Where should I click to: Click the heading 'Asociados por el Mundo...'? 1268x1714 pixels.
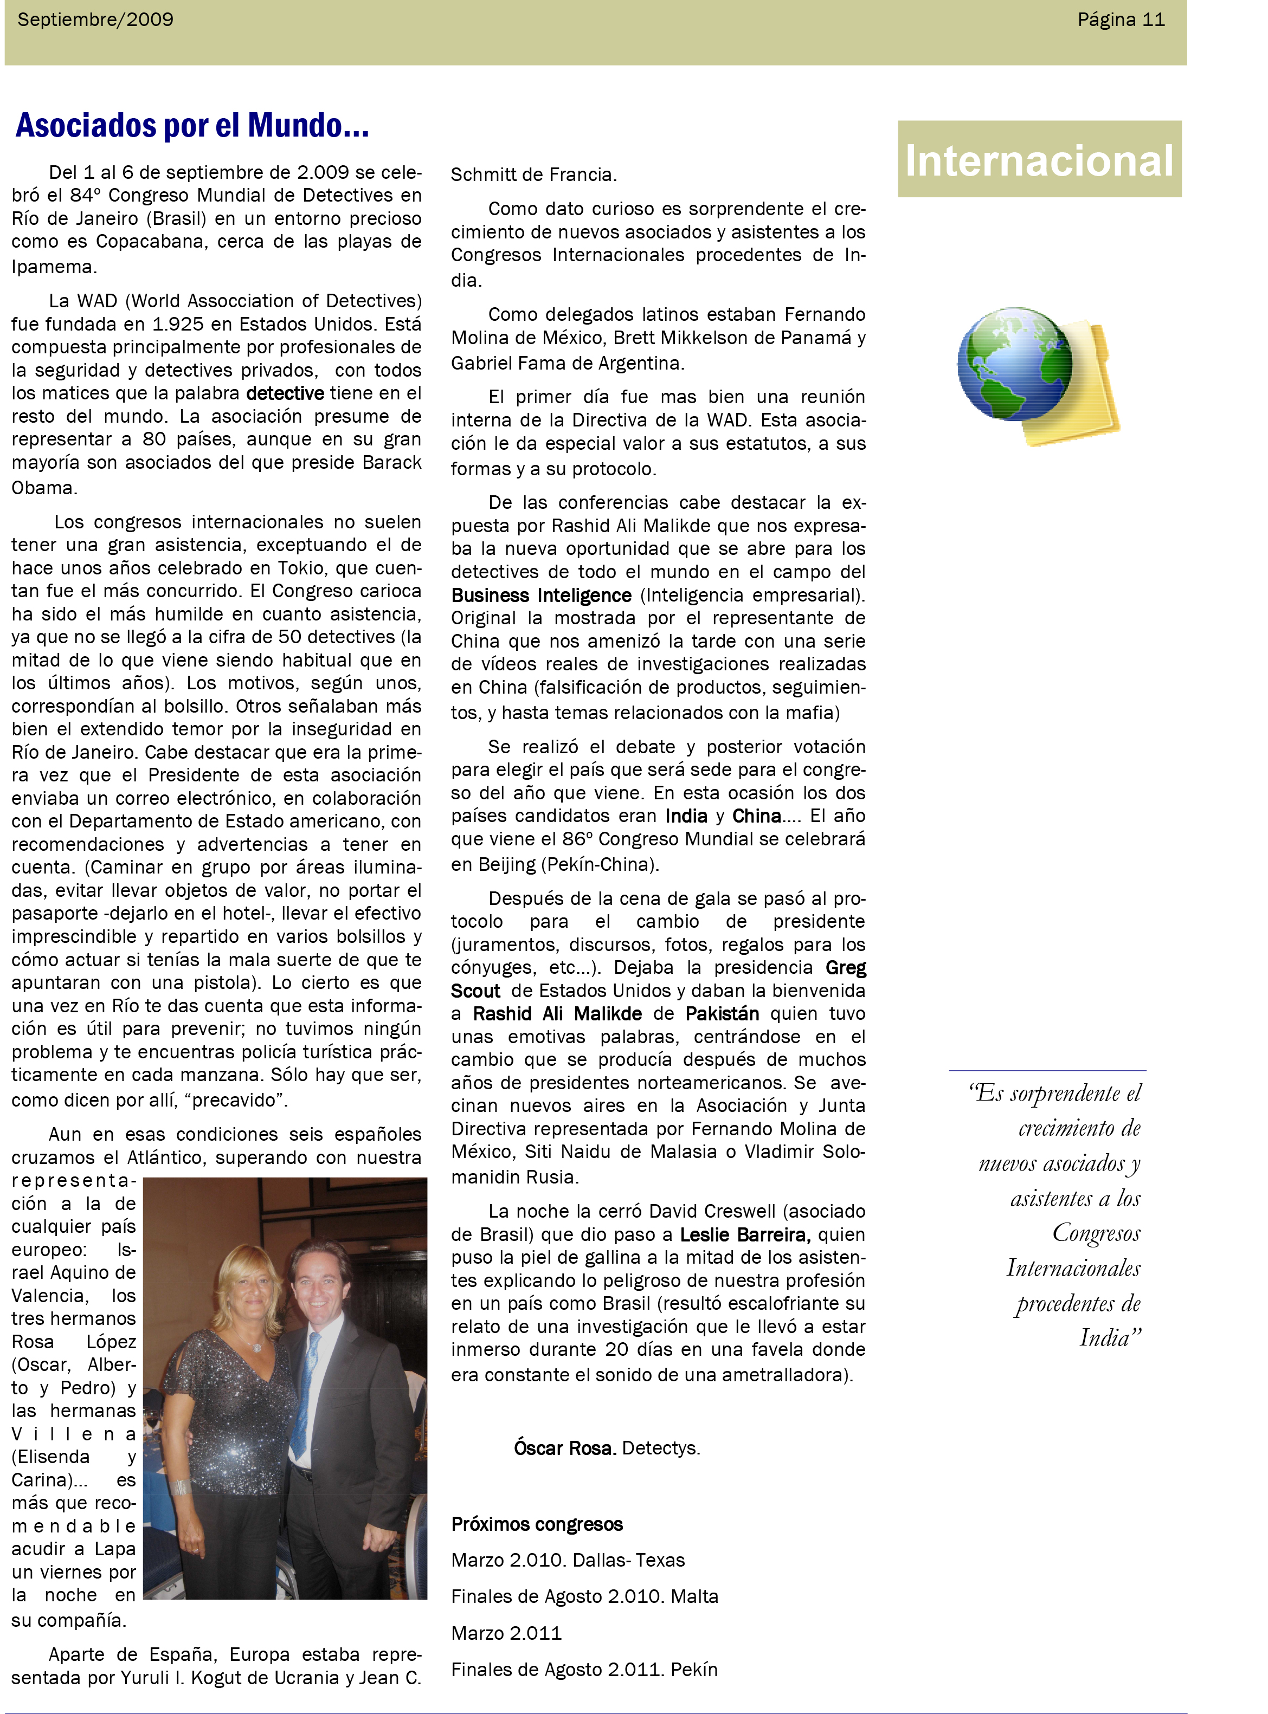pyautogui.click(x=192, y=126)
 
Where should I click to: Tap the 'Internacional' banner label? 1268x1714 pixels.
pyautogui.click(x=1039, y=161)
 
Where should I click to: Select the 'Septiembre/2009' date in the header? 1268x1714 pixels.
pyautogui.click(x=95, y=20)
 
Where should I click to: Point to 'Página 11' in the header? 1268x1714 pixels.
pyautogui.click(x=1121, y=20)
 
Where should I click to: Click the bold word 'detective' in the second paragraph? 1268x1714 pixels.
pyautogui.click(x=285, y=393)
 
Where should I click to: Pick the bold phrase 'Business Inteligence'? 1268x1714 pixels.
pyautogui.click(x=541, y=596)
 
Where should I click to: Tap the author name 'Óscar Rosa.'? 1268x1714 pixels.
pyautogui.click(x=565, y=1448)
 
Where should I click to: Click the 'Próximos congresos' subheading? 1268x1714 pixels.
pyautogui.click(x=537, y=1524)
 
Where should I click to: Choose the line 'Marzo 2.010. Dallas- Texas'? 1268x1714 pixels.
pyautogui.click(x=568, y=1560)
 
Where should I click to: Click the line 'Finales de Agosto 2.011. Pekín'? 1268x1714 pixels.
pyautogui.click(x=584, y=1670)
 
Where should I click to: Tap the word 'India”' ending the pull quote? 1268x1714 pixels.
pyautogui.click(x=1110, y=1338)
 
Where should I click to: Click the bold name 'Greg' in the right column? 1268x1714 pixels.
pyautogui.click(x=846, y=968)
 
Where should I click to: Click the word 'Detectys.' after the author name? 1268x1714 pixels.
pyautogui.click(x=661, y=1448)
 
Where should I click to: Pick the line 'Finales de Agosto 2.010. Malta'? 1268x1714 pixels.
pyautogui.click(x=584, y=1596)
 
